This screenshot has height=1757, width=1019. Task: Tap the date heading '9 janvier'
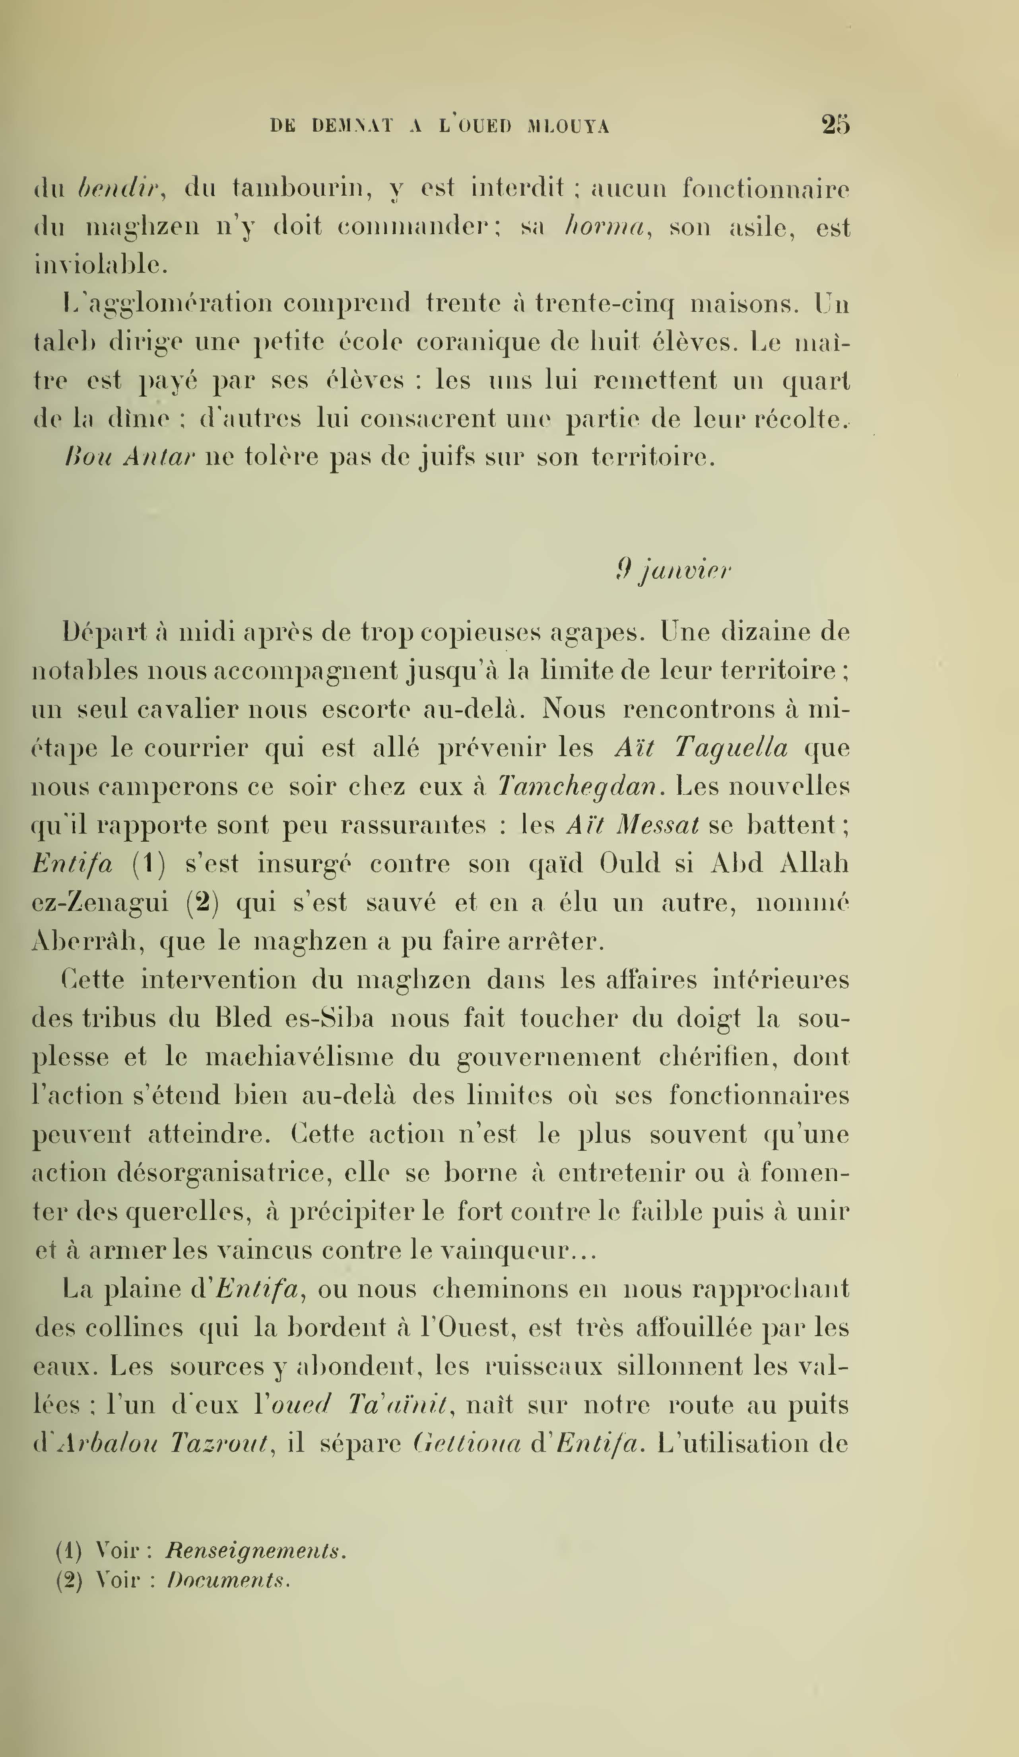pos(673,571)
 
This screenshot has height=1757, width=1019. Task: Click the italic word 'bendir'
pos(120,188)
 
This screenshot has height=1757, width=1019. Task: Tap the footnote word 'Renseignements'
pos(256,1551)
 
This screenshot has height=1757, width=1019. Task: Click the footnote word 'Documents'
pos(228,1580)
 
